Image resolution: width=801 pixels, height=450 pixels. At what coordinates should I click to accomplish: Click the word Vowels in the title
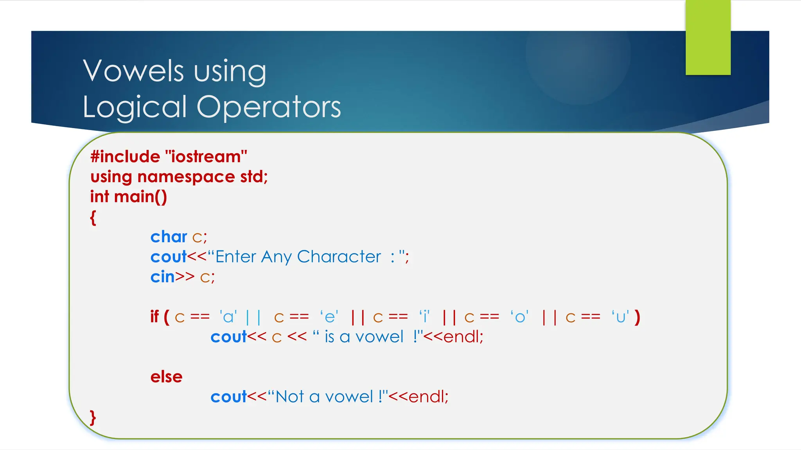[x=133, y=71]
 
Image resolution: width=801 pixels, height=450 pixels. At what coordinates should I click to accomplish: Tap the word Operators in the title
[x=269, y=107]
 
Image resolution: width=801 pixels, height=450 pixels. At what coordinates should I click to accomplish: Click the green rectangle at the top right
[x=708, y=37]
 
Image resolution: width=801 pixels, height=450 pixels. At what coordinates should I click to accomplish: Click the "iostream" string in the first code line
[x=207, y=157]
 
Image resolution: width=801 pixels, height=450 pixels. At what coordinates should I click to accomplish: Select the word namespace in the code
[x=186, y=177]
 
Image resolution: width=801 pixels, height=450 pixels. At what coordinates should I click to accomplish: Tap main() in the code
[x=140, y=196]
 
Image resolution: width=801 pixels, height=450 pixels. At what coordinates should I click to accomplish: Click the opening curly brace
[x=93, y=218]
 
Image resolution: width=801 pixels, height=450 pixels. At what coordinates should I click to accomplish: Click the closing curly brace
[x=93, y=418]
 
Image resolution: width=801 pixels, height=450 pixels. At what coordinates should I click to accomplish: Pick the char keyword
[x=169, y=237]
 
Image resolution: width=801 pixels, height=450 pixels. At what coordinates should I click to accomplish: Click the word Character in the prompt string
[x=339, y=257]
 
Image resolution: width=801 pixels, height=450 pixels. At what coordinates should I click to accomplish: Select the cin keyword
[x=162, y=277]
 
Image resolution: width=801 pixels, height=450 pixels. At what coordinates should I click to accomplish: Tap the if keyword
[x=154, y=317]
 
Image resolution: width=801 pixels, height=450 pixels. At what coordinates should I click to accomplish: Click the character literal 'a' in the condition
[x=228, y=317]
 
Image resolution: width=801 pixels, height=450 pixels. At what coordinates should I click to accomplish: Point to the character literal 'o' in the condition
[x=520, y=317]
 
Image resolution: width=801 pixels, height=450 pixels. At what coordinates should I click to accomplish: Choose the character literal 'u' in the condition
[x=621, y=317]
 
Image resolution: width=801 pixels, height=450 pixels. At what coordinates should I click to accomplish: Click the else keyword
[x=167, y=377]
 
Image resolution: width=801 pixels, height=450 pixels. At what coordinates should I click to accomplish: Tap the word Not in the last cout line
[x=290, y=397]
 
